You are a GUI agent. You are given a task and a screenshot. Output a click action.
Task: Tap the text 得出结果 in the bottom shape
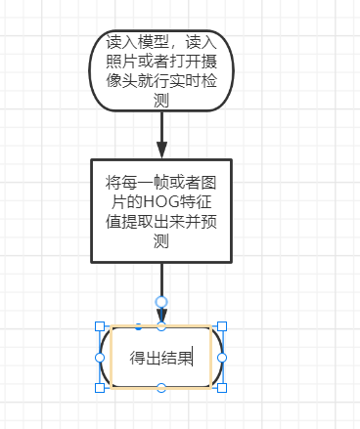(x=160, y=357)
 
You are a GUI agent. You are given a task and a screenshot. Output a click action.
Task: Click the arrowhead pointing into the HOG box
(x=161, y=150)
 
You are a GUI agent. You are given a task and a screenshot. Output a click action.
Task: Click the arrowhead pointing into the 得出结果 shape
(x=162, y=317)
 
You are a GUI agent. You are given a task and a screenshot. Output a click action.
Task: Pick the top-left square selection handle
(x=100, y=326)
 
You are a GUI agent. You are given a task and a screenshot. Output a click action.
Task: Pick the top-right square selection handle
(x=222, y=326)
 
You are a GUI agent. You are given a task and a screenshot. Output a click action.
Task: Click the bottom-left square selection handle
(x=100, y=388)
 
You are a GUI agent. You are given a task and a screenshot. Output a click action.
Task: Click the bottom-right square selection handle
(x=222, y=388)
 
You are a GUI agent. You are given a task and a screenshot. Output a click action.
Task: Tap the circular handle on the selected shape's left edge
(x=100, y=358)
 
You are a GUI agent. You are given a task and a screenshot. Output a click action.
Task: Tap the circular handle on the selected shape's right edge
(x=222, y=358)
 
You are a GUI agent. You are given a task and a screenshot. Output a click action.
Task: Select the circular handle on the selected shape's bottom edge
(x=161, y=388)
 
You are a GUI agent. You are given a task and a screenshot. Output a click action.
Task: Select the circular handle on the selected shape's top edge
(x=161, y=326)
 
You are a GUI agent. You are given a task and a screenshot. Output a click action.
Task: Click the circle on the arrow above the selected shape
(x=161, y=302)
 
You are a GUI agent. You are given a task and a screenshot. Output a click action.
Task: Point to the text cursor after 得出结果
(x=193, y=357)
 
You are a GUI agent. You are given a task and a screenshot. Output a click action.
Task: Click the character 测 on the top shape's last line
(x=162, y=100)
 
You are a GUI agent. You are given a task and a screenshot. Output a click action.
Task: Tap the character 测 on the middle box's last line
(x=162, y=243)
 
